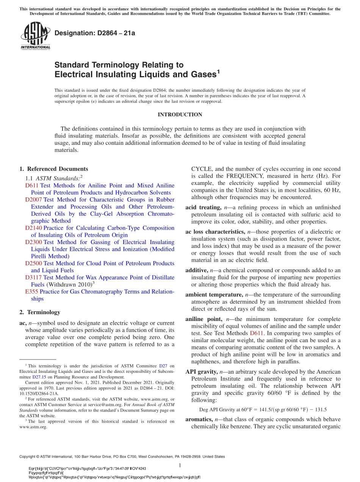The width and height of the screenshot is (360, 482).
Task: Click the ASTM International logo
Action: pyautogui.click(x=36, y=36)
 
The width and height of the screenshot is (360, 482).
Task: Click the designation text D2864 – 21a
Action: pyautogui.click(x=95, y=33)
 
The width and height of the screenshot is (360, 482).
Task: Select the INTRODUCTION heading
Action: pyautogui.click(x=180, y=114)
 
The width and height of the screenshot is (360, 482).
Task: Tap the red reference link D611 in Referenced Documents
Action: pyautogui.click(x=31, y=186)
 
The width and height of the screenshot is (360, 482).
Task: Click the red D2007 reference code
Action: pyautogui.click(x=34, y=200)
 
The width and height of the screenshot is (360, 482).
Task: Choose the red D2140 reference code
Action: pyautogui.click(x=34, y=228)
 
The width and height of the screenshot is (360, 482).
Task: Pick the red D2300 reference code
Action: pyautogui.click(x=34, y=242)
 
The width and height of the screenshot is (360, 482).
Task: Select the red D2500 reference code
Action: pyautogui.click(x=34, y=263)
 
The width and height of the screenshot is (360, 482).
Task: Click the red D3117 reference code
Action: pyautogui.click(x=34, y=278)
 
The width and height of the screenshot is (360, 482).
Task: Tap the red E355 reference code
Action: pyautogui.click(x=31, y=292)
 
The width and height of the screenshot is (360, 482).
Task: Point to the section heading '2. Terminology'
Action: pyautogui.click(x=39, y=312)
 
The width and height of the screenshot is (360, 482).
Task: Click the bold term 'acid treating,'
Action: pyautogui.click(x=203, y=207)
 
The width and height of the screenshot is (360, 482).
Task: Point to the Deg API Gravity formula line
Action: pyautogui.click(x=263, y=409)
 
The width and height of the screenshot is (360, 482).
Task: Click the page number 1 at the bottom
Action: pyautogui.click(x=180, y=465)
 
